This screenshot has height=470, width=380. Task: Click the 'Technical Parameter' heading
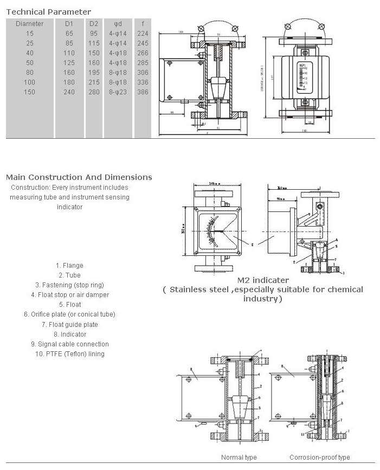48,12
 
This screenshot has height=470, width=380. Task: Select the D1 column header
69,23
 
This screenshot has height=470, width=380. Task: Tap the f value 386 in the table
143,92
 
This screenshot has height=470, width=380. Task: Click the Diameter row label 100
29,82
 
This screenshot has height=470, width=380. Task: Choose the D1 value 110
69,53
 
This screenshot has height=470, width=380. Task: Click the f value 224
143,33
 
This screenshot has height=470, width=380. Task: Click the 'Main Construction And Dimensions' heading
79,177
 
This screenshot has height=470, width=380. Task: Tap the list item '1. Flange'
69,266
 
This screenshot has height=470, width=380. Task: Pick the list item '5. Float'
70,305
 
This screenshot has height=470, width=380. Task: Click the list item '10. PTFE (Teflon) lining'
69,354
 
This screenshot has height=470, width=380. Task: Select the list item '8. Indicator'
70,334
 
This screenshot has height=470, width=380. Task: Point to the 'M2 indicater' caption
263,280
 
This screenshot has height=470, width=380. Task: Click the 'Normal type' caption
239,458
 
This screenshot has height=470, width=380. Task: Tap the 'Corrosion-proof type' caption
319,458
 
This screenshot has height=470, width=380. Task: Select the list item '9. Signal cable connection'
69,344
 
